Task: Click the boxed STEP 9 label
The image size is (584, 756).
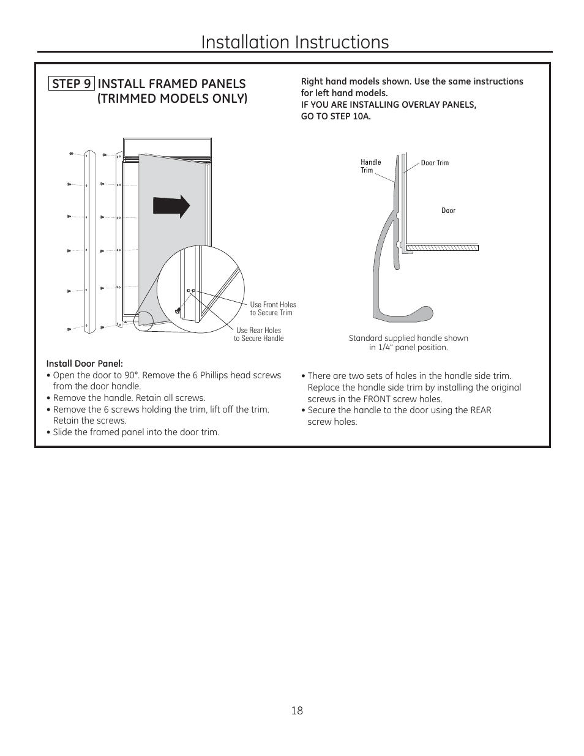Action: [72, 84]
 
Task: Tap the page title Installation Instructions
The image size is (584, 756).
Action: [294, 42]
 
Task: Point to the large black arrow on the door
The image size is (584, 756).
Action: [171, 207]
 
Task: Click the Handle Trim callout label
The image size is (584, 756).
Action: [370, 166]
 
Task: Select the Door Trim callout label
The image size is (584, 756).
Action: [435, 163]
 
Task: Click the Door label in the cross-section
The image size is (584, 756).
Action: [448, 211]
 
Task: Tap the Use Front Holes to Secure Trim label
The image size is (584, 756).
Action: [272, 309]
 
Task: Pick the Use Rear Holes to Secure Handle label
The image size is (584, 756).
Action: [258, 334]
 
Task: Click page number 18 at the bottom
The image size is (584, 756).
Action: [297, 711]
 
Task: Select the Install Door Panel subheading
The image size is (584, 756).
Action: [84, 364]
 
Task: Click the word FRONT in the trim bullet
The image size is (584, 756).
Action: [376, 399]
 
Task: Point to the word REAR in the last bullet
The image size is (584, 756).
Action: [481, 410]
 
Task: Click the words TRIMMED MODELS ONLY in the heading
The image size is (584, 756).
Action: [172, 99]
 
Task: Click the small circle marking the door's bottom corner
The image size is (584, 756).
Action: [146, 320]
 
